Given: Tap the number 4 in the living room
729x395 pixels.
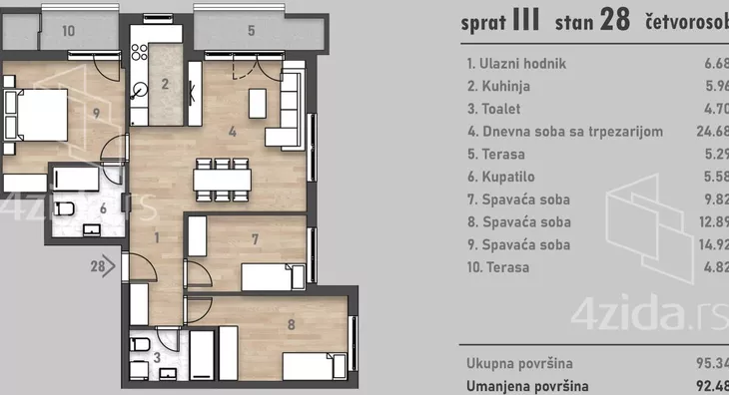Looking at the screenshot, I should (231, 131).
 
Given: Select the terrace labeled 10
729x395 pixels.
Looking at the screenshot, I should (68, 31).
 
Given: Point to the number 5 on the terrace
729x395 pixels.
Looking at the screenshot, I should (251, 31).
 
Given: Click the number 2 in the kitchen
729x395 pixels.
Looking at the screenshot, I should (166, 83).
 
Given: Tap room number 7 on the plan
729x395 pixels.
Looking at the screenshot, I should (255, 238).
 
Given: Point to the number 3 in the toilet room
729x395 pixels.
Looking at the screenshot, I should (159, 356).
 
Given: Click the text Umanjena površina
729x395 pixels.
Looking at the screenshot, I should (527, 385).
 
